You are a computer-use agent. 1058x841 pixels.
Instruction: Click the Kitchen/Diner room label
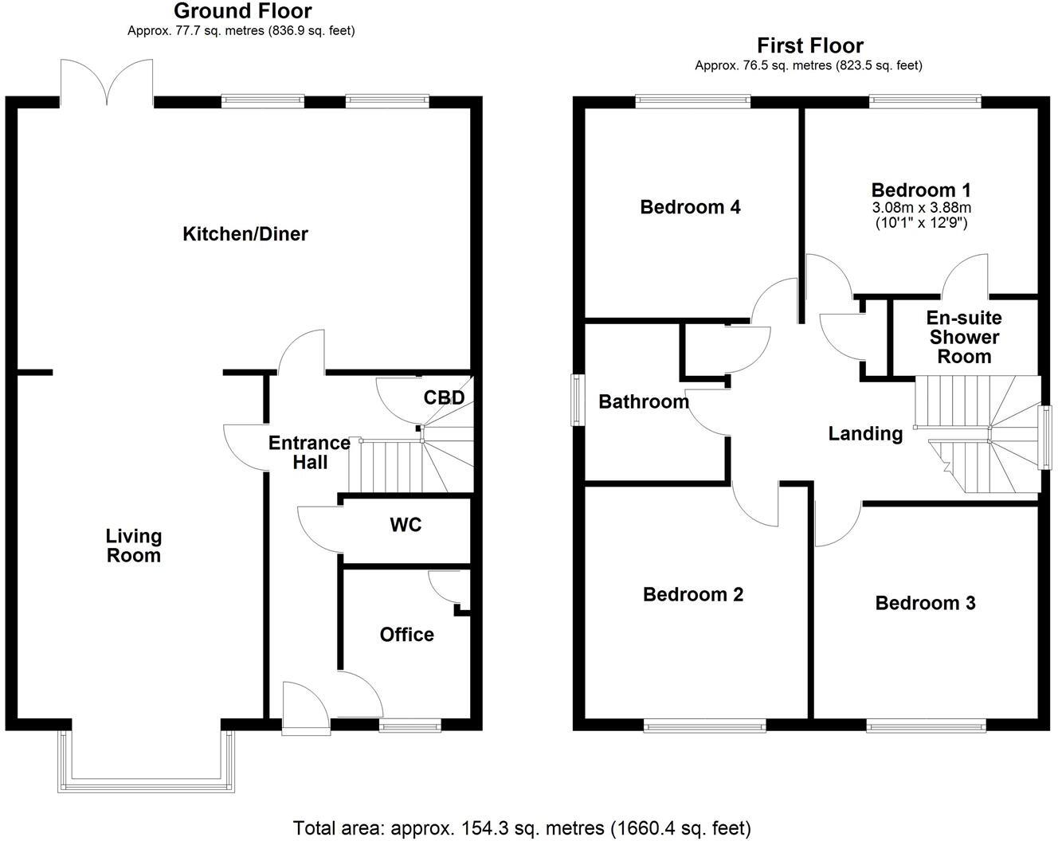tap(245, 234)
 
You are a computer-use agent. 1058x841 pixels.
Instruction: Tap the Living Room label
tap(134, 546)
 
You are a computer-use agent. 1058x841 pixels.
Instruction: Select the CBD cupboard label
tap(444, 397)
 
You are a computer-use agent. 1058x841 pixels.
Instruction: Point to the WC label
tap(406, 526)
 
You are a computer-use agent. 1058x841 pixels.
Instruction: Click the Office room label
tap(406, 635)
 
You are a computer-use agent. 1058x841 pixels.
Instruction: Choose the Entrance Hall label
tap(309, 452)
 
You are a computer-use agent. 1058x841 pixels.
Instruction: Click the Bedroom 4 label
tap(690, 207)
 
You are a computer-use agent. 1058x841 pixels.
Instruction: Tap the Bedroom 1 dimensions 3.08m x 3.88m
tap(921, 208)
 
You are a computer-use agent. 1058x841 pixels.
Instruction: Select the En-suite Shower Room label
tap(963, 337)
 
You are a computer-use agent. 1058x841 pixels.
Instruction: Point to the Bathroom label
tap(644, 401)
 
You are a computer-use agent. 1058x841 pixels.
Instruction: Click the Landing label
tap(865, 433)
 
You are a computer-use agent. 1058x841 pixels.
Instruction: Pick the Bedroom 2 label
tap(693, 594)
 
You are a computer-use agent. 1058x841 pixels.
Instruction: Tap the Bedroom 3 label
tap(925, 603)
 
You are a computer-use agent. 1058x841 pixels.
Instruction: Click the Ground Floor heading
tap(242, 11)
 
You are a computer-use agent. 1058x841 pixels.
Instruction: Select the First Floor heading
tap(809, 45)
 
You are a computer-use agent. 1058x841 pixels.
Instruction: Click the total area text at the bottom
tap(522, 828)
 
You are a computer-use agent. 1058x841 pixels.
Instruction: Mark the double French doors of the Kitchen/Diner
tap(106, 83)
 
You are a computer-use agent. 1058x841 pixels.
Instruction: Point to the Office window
tap(409, 725)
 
